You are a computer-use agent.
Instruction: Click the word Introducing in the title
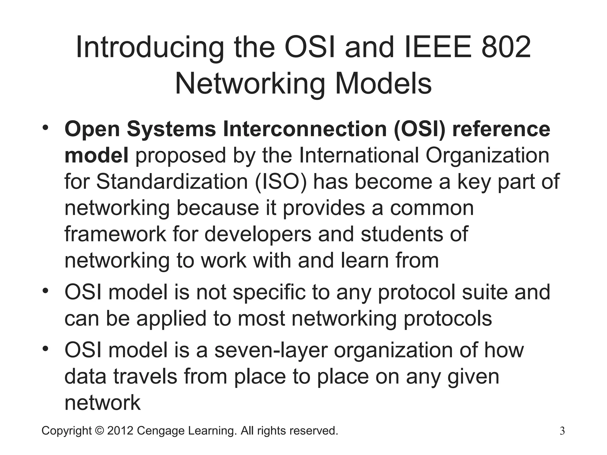(x=150, y=47)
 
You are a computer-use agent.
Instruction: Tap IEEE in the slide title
(x=436, y=47)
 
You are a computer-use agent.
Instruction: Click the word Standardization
(x=172, y=181)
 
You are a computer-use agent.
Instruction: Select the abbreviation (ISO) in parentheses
(x=280, y=181)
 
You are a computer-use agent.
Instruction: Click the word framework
(x=115, y=234)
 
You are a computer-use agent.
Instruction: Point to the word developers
(x=258, y=234)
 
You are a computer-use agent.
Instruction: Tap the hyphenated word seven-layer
(x=271, y=350)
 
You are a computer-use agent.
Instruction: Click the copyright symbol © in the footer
(x=99, y=430)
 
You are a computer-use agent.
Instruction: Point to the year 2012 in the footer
(x=120, y=430)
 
